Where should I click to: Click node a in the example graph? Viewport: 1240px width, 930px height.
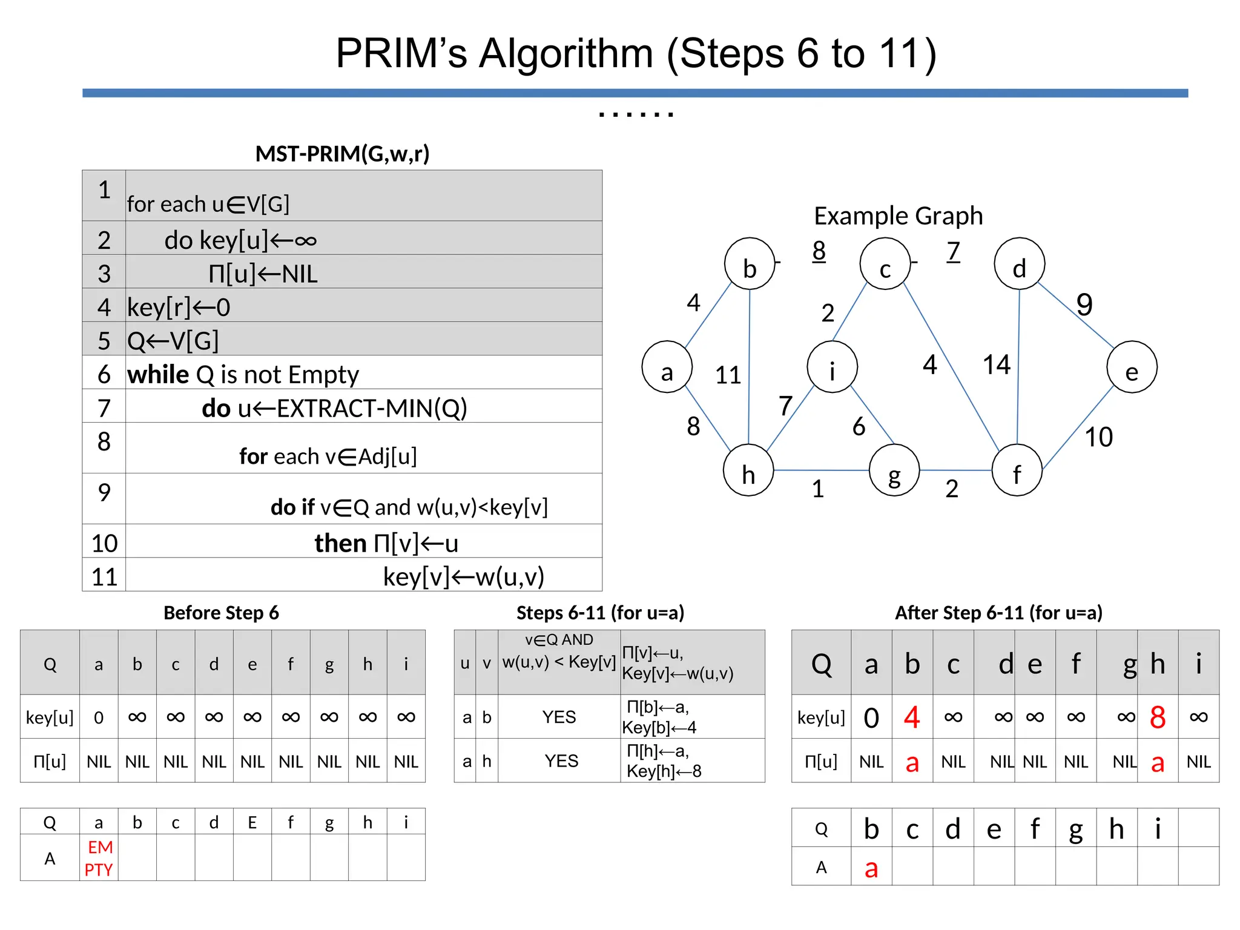click(x=667, y=367)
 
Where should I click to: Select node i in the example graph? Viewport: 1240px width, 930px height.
click(x=832, y=367)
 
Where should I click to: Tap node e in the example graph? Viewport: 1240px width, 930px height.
click(x=1132, y=367)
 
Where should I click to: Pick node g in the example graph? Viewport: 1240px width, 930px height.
click(x=894, y=470)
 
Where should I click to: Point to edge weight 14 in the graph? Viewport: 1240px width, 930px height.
click(x=996, y=364)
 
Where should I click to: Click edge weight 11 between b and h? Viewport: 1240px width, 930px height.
click(x=728, y=375)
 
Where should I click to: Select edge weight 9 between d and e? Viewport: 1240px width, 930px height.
click(x=1084, y=305)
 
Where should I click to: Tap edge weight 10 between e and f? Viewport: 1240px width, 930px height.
click(x=1098, y=437)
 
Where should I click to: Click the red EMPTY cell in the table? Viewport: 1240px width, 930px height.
click(x=99, y=858)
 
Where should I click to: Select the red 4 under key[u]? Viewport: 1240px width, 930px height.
click(x=912, y=717)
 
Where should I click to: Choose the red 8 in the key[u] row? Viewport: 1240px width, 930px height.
click(x=1157, y=717)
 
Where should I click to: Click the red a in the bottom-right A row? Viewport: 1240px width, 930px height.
click(x=871, y=868)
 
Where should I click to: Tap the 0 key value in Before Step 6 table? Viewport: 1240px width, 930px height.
click(x=99, y=717)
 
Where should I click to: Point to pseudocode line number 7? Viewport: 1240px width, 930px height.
click(x=104, y=408)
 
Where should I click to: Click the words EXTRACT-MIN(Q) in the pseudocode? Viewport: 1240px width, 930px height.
click(x=372, y=408)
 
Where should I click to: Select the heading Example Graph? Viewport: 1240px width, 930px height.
click(x=898, y=216)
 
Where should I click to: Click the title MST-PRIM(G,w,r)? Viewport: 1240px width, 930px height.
click(x=342, y=154)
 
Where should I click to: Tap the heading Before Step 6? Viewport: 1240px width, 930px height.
click(x=221, y=613)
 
